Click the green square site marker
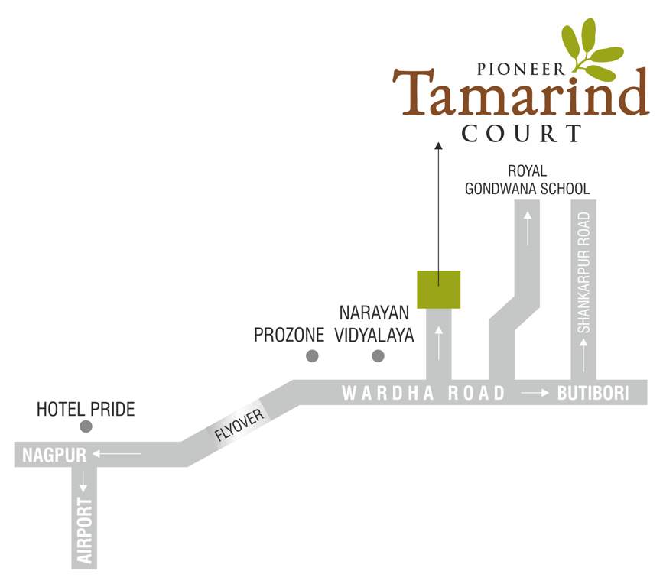(x=438, y=290)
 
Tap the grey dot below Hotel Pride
(x=86, y=426)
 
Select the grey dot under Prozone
(x=312, y=355)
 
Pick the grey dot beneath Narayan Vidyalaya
(x=377, y=355)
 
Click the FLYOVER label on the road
(x=239, y=424)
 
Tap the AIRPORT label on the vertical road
(x=86, y=530)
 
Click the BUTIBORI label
(x=593, y=394)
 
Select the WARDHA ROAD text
(x=424, y=394)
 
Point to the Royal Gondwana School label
(x=527, y=180)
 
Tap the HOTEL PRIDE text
(x=86, y=410)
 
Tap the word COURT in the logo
(x=522, y=134)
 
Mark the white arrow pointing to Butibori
(x=535, y=394)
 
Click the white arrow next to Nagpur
(x=117, y=456)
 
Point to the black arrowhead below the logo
(x=438, y=145)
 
